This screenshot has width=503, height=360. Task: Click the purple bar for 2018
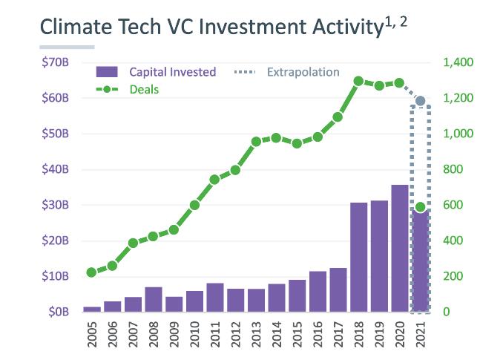[358, 257]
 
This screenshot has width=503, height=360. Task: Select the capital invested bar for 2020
[400, 248]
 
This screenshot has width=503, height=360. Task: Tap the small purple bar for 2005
[92, 309]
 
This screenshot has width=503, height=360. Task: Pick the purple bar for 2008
[154, 299]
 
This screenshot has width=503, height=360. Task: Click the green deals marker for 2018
[358, 81]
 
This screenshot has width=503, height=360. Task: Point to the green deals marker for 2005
[92, 272]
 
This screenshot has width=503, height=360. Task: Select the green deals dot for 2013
[256, 141]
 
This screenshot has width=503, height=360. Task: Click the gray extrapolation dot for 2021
[421, 101]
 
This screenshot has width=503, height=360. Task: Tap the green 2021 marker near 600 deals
[421, 207]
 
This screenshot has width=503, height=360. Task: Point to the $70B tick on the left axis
[56, 62]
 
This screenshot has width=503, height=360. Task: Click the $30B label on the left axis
[56, 205]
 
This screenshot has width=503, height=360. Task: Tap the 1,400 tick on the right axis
[458, 62]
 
